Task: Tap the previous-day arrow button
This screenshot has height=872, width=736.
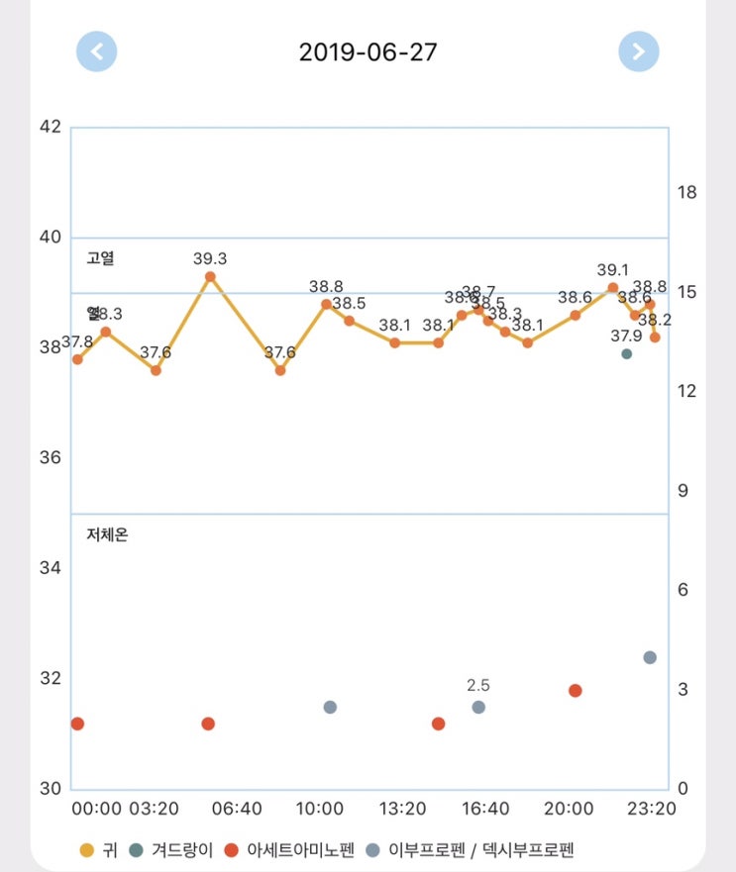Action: [x=97, y=51]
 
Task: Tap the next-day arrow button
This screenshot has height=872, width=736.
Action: [x=639, y=51]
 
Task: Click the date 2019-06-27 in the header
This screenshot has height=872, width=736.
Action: [x=368, y=51]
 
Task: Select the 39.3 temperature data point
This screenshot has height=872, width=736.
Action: [x=210, y=277]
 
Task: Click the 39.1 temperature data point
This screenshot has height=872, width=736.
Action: [x=613, y=288]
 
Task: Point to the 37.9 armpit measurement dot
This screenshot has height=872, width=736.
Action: [x=626, y=353]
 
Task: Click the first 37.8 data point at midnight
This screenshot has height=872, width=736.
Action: [x=77, y=359]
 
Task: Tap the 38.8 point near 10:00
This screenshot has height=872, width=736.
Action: [x=326, y=304]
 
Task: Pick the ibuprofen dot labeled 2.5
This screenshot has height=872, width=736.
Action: [x=478, y=707]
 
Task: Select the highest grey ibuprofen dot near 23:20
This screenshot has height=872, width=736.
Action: [x=650, y=657]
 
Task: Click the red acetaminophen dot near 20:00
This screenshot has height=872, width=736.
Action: [x=575, y=690]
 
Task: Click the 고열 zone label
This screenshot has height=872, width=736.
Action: [x=101, y=258]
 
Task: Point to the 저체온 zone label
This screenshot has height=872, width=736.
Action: [x=107, y=535]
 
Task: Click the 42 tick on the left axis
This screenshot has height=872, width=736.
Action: [x=51, y=127]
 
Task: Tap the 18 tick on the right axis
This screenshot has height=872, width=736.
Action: [x=685, y=192]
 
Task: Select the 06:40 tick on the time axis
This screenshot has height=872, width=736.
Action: [x=237, y=809]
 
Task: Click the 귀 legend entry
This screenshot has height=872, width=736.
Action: [x=95, y=849]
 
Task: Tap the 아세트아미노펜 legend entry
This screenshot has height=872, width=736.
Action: [x=289, y=849]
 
